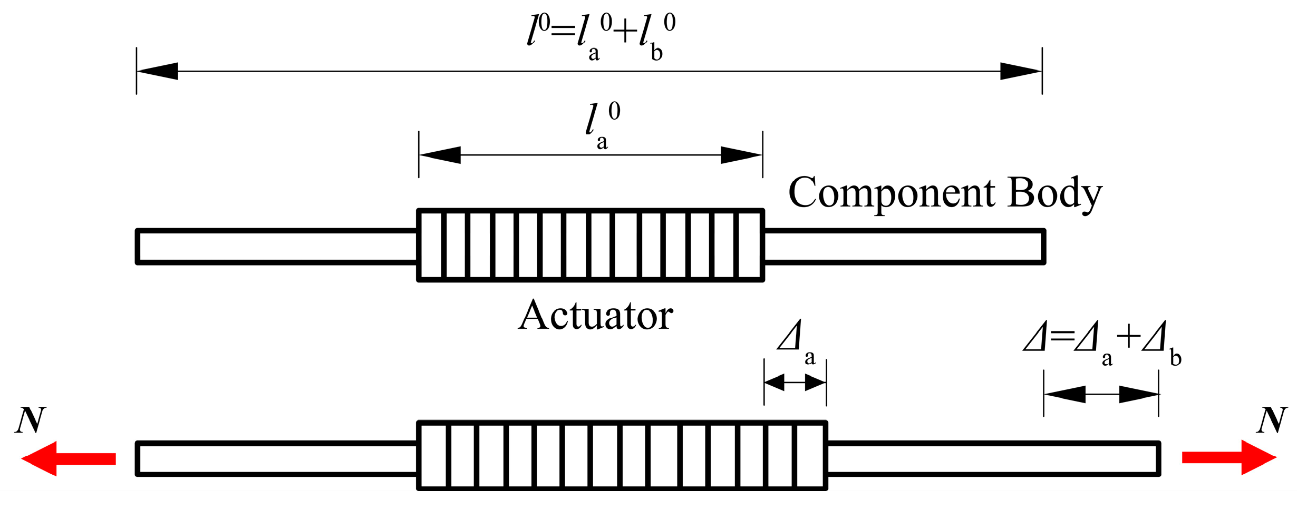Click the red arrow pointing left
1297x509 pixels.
click(69, 458)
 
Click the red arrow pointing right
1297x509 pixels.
click(1228, 457)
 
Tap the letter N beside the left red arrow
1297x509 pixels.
click(31, 420)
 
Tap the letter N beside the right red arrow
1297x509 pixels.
click(1272, 420)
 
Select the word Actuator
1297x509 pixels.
click(595, 316)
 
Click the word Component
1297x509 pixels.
click(892, 193)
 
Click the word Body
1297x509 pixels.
click(1054, 193)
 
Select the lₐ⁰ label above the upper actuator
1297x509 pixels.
click(603, 125)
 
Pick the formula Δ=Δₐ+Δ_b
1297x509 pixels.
click(1102, 342)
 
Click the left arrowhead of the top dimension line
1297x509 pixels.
click(158, 71)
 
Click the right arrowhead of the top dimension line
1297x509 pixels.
click(1021, 71)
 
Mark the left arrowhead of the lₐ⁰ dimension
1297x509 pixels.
click(440, 155)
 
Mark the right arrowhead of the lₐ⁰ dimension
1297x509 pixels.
click(741, 155)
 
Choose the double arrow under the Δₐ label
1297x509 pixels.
click(795, 383)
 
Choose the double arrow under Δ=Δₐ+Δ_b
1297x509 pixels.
click(1101, 394)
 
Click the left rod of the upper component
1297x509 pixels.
click(277, 246)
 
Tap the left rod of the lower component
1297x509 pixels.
click(277, 458)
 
